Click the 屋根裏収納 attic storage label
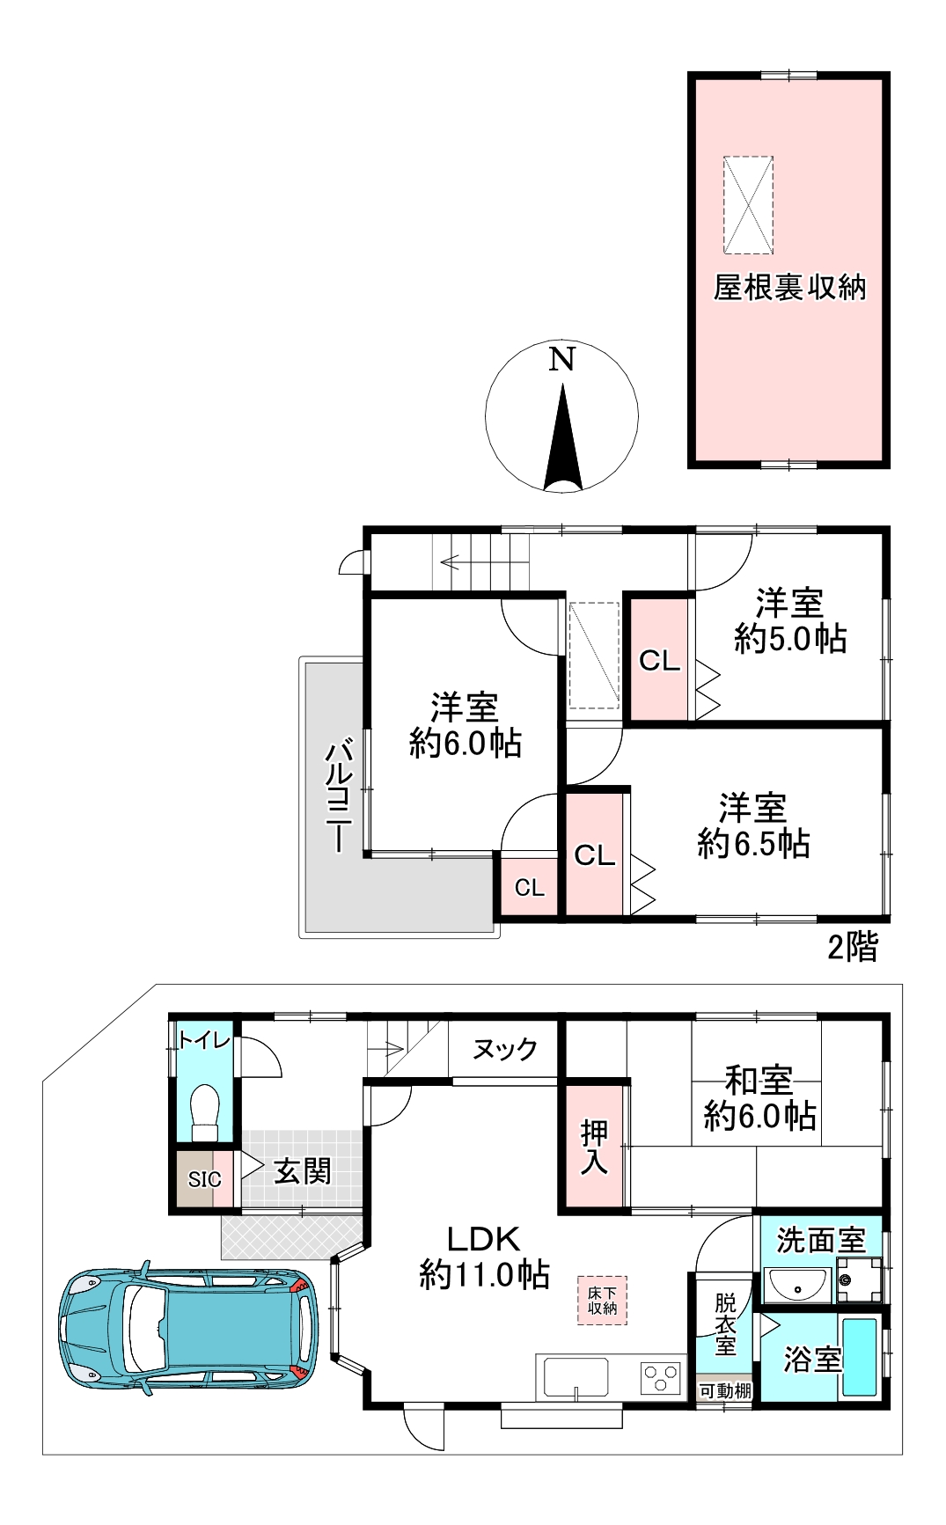pos(789,288)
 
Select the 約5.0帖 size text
pos(790,638)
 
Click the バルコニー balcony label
pos(340,796)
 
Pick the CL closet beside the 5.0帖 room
pos(659,660)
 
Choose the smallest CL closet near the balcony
pos(529,887)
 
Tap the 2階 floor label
pos(852,947)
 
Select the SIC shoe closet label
pos(204,1179)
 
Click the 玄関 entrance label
pos(302,1171)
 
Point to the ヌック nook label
pos(504,1049)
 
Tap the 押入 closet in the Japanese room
pos(595,1147)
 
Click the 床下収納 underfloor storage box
pos(603,1301)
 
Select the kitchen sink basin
pos(576,1376)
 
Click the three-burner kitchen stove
pos(660,1377)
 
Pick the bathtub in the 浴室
pos(859,1356)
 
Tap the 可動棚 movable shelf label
pos(724,1391)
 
